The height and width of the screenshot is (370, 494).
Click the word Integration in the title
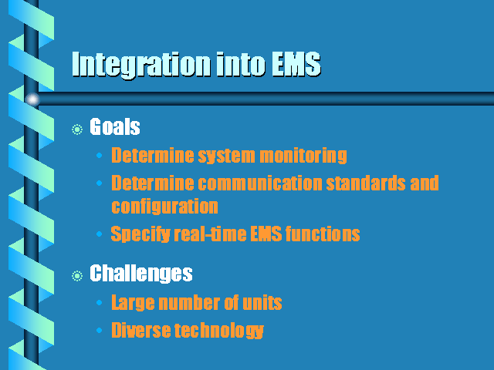pyautogui.click(x=140, y=65)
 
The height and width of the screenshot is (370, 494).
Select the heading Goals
pyautogui.click(x=115, y=126)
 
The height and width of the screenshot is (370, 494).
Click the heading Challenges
pyautogui.click(x=140, y=273)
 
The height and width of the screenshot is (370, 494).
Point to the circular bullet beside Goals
pyautogui.click(x=77, y=129)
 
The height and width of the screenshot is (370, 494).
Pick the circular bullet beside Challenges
pyautogui.click(x=77, y=276)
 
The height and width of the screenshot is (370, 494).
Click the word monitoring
pyautogui.click(x=303, y=156)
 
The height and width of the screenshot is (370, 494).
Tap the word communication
pyautogui.click(x=260, y=183)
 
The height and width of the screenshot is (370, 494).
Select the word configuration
pyautogui.click(x=164, y=207)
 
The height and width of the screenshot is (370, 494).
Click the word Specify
pyautogui.click(x=140, y=234)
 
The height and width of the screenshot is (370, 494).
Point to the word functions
pyautogui.click(x=323, y=234)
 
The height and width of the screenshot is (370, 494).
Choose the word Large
pyautogui.click(x=133, y=303)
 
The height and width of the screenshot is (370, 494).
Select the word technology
pyautogui.click(x=219, y=331)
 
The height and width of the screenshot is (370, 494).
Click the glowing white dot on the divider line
pyautogui.click(x=32, y=99)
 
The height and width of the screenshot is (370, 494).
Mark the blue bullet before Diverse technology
pyautogui.click(x=100, y=331)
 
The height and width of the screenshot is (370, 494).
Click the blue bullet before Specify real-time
pyautogui.click(x=100, y=234)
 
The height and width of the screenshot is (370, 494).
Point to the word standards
pyautogui.click(x=366, y=183)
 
